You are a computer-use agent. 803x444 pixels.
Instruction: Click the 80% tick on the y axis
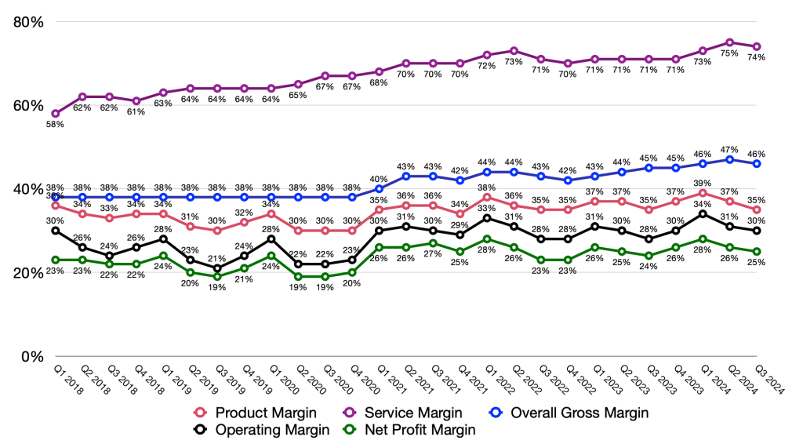28,22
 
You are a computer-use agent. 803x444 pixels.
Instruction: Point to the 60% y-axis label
28,106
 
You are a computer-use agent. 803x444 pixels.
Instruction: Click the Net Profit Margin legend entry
412,429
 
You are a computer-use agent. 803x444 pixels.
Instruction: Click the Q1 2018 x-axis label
65,377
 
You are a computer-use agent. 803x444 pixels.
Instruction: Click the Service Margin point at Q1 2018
55,114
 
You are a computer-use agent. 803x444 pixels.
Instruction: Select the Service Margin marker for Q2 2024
730,42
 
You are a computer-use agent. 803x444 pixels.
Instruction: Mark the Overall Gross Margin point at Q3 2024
757,164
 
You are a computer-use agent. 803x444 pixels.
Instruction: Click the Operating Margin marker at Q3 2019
217,268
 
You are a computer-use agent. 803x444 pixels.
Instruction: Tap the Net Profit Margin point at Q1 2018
55,260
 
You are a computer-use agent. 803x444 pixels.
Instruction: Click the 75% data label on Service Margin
730,54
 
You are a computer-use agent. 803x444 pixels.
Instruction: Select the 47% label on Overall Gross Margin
730,148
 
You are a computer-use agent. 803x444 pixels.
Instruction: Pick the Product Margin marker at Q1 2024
703,193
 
